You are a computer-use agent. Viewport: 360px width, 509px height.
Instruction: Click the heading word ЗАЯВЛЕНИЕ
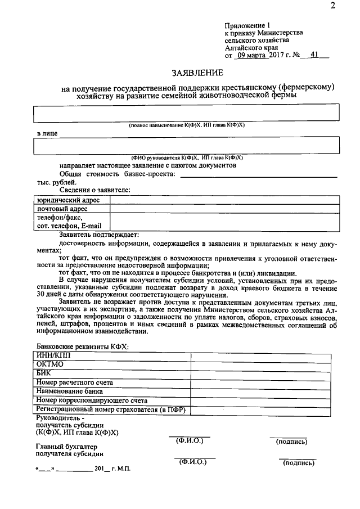(197, 73)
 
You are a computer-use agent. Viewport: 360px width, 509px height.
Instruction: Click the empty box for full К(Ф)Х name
(186, 112)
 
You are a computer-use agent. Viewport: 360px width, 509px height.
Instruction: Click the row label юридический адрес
(68, 200)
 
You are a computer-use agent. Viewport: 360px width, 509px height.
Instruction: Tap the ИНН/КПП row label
(54, 356)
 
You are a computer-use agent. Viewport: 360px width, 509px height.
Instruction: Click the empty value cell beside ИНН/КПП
(264, 356)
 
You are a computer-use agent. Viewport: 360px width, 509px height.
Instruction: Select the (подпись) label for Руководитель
(291, 442)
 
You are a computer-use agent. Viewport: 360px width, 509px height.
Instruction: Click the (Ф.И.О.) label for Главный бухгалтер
(192, 462)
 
